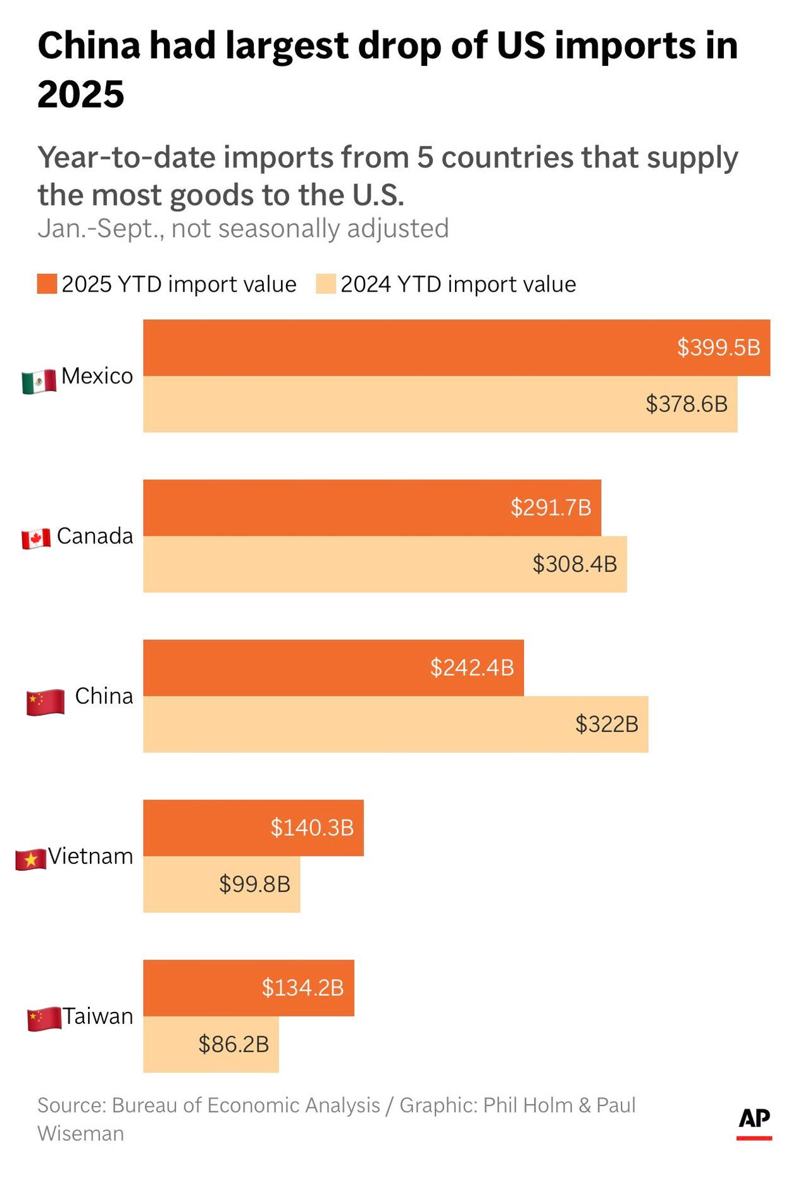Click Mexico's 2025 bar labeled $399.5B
(x=456, y=348)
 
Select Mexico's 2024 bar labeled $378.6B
(x=440, y=404)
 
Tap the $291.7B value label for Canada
(x=551, y=507)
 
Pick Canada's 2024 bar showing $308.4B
(x=385, y=564)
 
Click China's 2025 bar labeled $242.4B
(x=333, y=668)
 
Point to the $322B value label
(x=606, y=724)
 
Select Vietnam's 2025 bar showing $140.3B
(x=253, y=828)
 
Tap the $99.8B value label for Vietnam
(x=254, y=884)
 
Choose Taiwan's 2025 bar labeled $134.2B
(x=249, y=988)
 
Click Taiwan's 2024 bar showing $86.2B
(x=211, y=1044)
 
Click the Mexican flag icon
(x=39, y=381)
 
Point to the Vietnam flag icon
(x=30, y=860)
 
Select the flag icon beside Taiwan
(x=44, y=1019)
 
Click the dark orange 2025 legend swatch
(x=47, y=284)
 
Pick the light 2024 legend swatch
(x=326, y=284)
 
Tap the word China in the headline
(x=89, y=46)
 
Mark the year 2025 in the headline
(x=81, y=95)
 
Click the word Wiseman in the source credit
(x=80, y=1133)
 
